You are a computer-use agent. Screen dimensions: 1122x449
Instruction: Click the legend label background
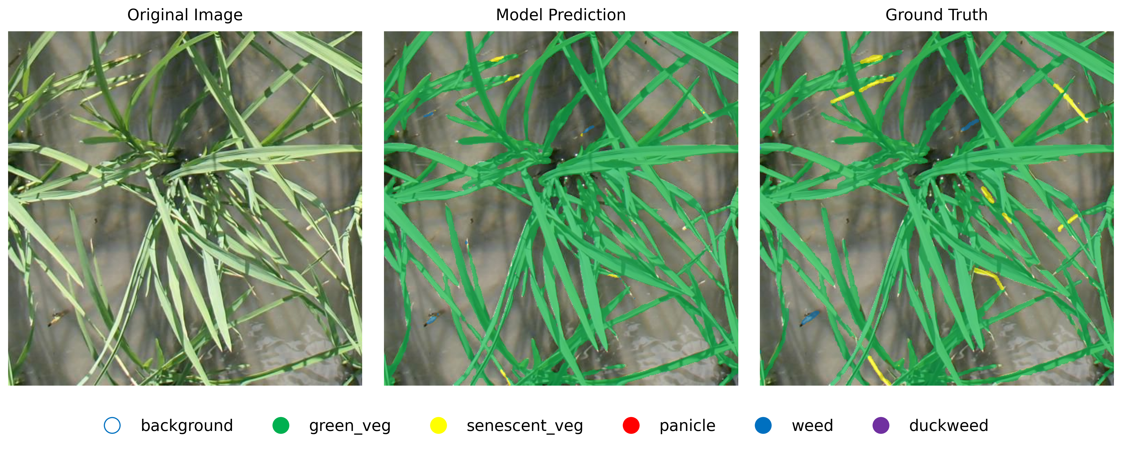(x=187, y=426)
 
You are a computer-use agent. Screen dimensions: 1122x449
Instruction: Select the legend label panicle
(x=687, y=426)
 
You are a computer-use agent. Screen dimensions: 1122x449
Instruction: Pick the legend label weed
(x=812, y=426)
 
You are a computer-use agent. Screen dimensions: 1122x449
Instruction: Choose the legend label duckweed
(x=949, y=426)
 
